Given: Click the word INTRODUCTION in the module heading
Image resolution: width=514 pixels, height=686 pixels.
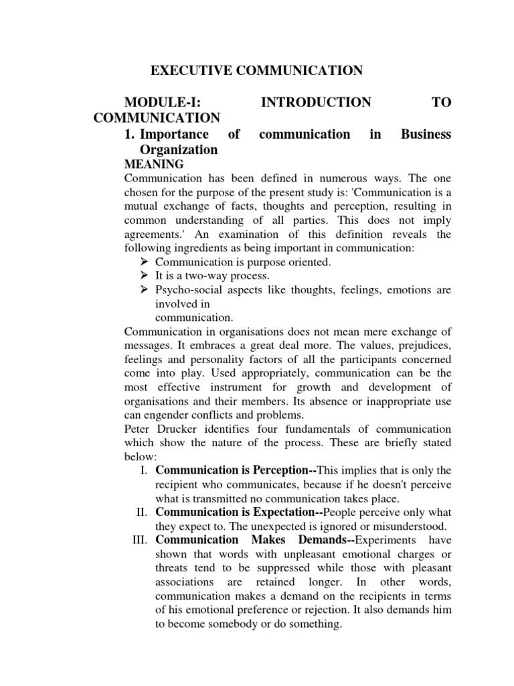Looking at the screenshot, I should pyautogui.click(x=315, y=102).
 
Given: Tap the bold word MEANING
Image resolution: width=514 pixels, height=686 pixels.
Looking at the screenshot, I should pyautogui.click(x=154, y=164).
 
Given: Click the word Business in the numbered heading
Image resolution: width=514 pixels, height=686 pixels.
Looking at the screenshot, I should pyautogui.click(x=426, y=135).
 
